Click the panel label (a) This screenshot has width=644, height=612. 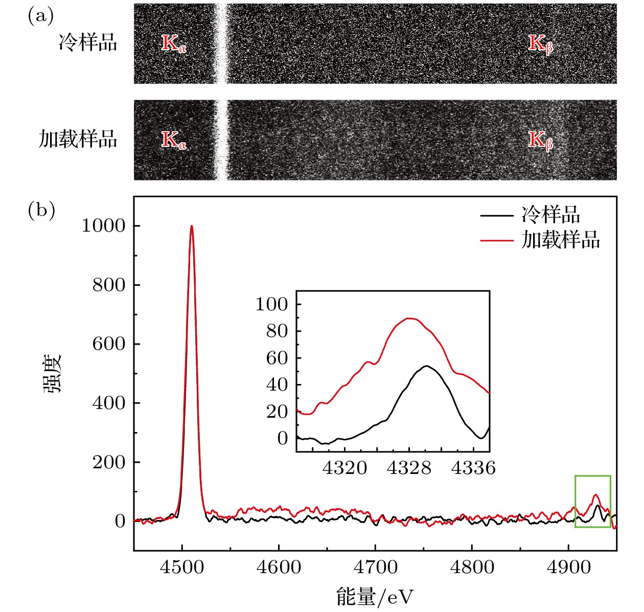[41, 17]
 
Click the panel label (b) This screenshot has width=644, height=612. [41, 210]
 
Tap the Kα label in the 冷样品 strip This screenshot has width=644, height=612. [174, 43]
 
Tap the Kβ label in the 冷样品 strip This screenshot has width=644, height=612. [540, 43]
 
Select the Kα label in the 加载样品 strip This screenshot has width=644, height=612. [174, 140]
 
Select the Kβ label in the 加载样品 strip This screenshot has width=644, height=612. [540, 140]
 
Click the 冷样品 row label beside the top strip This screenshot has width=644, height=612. [87, 42]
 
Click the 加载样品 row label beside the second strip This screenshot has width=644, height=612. [78, 139]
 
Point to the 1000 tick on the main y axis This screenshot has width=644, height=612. [103, 226]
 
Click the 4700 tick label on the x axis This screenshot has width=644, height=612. [375, 568]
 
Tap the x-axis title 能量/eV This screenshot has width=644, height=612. [375, 596]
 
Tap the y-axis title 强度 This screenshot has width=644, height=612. [52, 373]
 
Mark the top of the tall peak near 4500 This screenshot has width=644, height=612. [192, 226]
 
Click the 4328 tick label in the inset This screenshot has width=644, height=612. [409, 467]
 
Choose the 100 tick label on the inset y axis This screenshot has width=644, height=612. [272, 304]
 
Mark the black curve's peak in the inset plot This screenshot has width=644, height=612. [425, 366]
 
